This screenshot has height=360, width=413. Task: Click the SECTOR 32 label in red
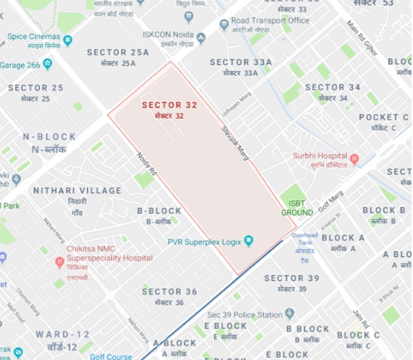click(x=169, y=105)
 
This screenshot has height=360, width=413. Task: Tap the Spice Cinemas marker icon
click(x=67, y=41)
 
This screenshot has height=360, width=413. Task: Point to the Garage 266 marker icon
click(x=47, y=64)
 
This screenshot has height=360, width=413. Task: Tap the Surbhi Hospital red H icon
click(x=353, y=159)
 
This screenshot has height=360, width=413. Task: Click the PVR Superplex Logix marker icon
click(x=248, y=241)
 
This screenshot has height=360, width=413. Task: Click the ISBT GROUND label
click(x=297, y=208)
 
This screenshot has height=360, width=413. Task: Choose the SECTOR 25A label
click(x=118, y=52)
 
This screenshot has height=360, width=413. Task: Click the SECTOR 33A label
click(x=240, y=63)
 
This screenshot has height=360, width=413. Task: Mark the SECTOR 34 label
click(x=333, y=87)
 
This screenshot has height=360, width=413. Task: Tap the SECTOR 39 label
click(x=292, y=278)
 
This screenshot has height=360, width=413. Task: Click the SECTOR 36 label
click(x=169, y=292)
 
